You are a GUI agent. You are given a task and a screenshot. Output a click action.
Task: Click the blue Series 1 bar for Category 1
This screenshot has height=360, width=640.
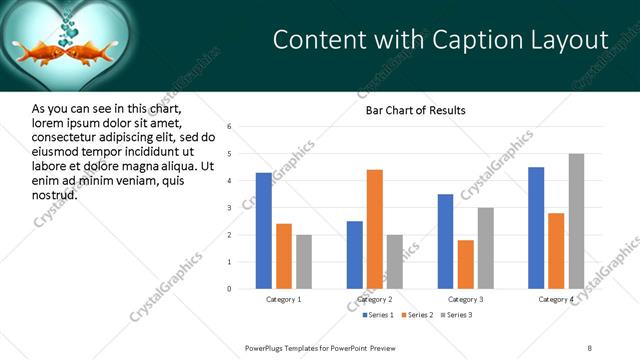click(x=263, y=231)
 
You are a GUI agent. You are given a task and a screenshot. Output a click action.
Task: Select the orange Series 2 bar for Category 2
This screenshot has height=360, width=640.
click(x=375, y=229)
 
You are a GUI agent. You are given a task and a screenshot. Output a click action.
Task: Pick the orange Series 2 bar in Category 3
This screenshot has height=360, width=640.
click(x=466, y=264)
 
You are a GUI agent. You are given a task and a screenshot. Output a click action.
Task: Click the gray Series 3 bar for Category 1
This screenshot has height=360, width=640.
click(x=303, y=262)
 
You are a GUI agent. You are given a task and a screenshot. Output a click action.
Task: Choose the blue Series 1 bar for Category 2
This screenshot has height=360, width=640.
click(x=355, y=255)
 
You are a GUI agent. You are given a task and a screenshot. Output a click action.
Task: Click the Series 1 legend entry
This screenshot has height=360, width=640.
click(x=377, y=316)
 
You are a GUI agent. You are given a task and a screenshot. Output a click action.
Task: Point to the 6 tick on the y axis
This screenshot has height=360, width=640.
click(x=230, y=127)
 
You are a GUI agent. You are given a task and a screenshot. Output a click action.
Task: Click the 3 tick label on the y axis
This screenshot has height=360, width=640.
click(x=230, y=208)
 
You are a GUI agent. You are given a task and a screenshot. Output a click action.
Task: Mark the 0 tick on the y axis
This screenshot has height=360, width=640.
click(x=230, y=289)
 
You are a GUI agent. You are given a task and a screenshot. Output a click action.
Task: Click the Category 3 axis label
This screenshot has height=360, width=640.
click(x=465, y=300)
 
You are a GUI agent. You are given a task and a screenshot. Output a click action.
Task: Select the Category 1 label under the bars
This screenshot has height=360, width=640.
click(x=284, y=300)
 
